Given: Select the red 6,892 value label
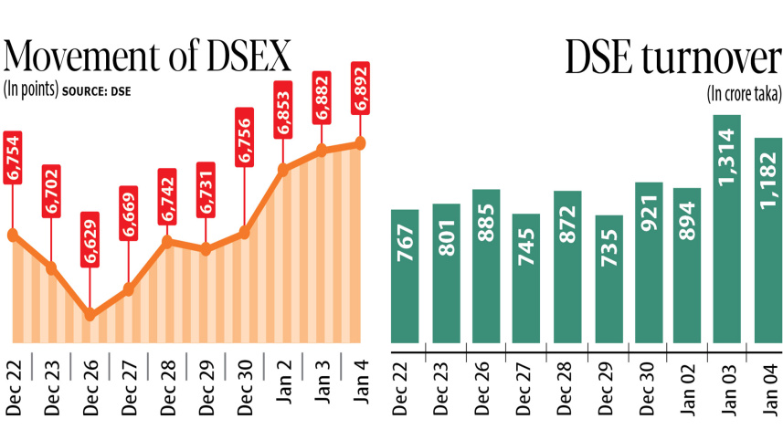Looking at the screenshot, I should click(360, 89).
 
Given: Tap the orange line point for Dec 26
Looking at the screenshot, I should click(90, 315).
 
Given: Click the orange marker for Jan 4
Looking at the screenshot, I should click(360, 143).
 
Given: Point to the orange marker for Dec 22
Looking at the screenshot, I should click(12, 235).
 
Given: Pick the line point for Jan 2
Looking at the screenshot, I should click(283, 169).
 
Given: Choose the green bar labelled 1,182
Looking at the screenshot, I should click(767, 242).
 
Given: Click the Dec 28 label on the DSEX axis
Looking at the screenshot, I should click(167, 391).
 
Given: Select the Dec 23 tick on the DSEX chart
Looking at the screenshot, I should click(51, 391).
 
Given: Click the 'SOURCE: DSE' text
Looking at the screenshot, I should click(96, 90).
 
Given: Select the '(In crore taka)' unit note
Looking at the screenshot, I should click(744, 92).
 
